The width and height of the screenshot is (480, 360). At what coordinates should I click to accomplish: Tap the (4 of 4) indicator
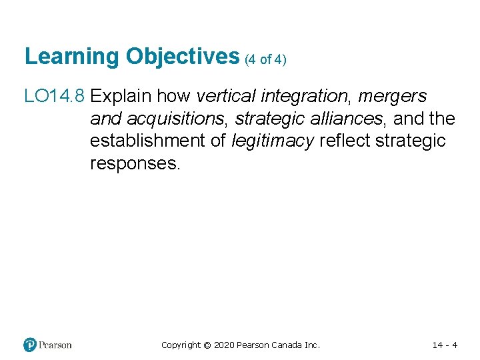point(265,59)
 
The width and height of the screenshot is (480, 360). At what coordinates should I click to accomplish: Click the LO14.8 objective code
point(54,97)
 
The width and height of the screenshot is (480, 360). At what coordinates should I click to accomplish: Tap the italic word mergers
point(392,97)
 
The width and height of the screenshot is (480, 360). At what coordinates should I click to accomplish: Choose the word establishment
point(149,141)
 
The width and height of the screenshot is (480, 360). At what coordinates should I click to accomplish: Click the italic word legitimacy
point(273,141)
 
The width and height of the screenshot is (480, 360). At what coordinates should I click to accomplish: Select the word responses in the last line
point(135,164)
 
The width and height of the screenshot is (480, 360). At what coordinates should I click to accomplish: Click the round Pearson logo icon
point(30,345)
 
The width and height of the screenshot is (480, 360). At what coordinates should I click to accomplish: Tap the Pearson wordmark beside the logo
point(55,345)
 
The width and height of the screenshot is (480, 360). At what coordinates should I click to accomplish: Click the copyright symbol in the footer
point(207,345)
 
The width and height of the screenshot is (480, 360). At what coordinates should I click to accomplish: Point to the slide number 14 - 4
point(445,345)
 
